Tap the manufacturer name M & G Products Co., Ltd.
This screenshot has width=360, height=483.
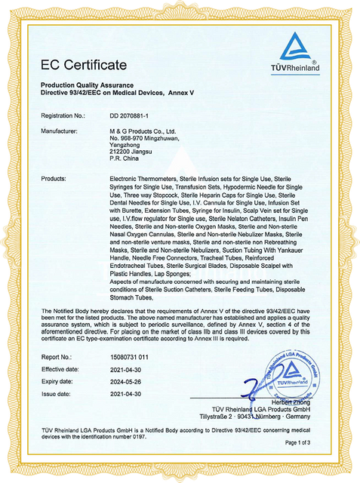pyautogui.click(x=136, y=131)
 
